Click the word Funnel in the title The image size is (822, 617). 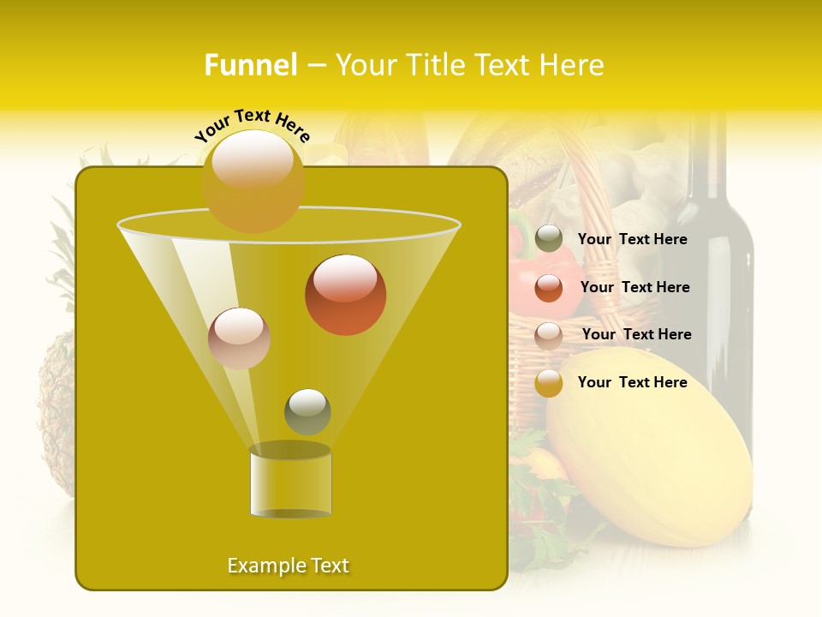(x=250, y=65)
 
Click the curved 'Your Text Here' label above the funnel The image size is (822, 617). (x=253, y=125)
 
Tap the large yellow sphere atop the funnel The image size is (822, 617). (x=253, y=181)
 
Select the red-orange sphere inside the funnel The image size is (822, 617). (x=345, y=295)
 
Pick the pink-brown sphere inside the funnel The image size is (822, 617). (x=239, y=338)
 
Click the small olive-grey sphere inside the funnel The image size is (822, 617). (x=307, y=411)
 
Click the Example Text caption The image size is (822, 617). (x=288, y=566)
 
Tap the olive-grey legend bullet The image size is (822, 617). (x=549, y=239)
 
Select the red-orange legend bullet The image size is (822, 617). (x=549, y=288)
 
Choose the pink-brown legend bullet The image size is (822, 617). (x=549, y=336)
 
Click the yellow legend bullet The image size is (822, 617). (x=549, y=383)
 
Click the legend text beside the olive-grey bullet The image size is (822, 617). (x=632, y=240)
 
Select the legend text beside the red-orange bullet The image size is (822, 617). (x=634, y=288)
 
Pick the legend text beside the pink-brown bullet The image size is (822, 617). (x=636, y=335)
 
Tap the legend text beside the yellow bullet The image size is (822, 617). (x=632, y=382)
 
